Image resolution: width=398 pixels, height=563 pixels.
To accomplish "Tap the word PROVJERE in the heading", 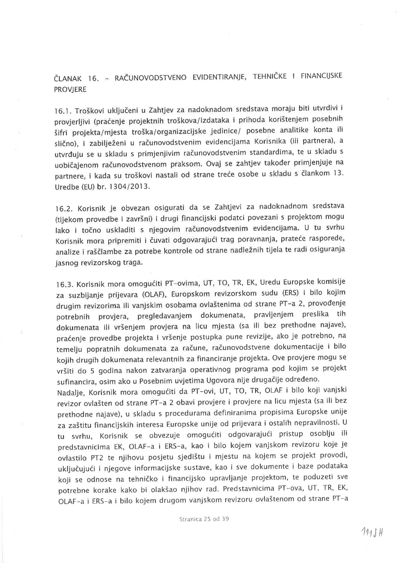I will pyautogui.click(x=70, y=90).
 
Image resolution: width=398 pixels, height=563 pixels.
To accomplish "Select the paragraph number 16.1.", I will pyautogui.click(x=63, y=111).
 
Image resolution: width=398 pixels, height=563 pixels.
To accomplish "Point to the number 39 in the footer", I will pyautogui.click(x=225, y=519).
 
